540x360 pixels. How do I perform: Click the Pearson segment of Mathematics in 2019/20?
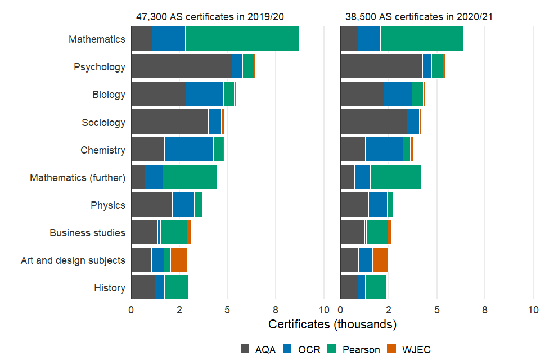(x=242, y=39)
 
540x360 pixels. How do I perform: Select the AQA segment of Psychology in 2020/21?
(x=381, y=67)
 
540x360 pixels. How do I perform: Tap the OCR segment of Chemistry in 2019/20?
(x=188, y=150)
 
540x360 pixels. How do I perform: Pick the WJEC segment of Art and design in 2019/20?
(x=179, y=260)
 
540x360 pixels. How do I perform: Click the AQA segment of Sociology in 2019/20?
(x=169, y=122)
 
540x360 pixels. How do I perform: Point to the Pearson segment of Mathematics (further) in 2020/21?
(x=395, y=177)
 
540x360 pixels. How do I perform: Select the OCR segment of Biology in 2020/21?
(x=398, y=94)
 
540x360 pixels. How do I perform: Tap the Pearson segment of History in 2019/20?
(x=176, y=287)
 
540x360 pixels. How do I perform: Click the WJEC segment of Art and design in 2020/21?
(x=380, y=260)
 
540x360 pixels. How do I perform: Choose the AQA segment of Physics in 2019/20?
(x=151, y=205)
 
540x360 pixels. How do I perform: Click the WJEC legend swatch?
(x=393, y=349)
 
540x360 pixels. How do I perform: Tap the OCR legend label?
(x=309, y=349)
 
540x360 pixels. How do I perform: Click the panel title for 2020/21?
(x=419, y=16)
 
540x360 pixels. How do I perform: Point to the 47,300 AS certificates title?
(x=210, y=16)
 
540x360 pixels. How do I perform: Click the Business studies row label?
(x=87, y=232)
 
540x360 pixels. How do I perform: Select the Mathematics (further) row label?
(x=77, y=177)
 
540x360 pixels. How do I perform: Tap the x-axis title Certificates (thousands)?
(x=332, y=325)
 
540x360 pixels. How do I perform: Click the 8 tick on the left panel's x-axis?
(x=276, y=309)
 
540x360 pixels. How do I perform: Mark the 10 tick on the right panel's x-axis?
(x=533, y=309)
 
